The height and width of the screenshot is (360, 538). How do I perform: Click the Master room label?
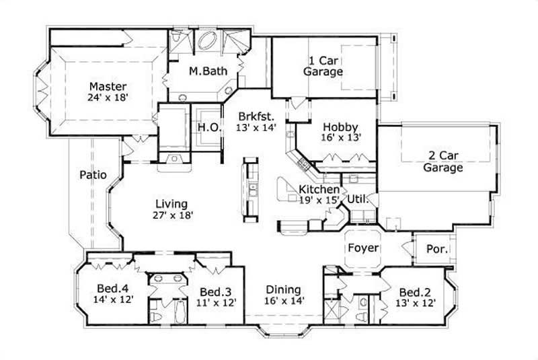(x=108, y=86)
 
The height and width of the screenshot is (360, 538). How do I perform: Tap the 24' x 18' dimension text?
(x=108, y=97)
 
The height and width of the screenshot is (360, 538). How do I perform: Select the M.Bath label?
(x=208, y=71)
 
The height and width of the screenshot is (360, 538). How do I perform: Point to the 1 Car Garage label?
(x=323, y=65)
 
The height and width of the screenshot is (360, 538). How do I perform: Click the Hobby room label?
(x=340, y=127)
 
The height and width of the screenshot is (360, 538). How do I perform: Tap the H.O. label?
(x=206, y=127)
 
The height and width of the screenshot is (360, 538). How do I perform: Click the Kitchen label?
(x=319, y=189)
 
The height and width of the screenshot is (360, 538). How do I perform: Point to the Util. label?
(x=357, y=199)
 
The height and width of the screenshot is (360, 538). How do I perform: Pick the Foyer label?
(x=363, y=248)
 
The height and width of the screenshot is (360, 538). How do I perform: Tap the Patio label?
(x=93, y=175)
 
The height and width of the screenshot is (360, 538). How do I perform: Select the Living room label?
(x=171, y=204)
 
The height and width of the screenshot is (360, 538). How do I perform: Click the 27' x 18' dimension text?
(x=173, y=215)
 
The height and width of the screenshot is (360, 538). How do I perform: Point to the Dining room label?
(x=282, y=289)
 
